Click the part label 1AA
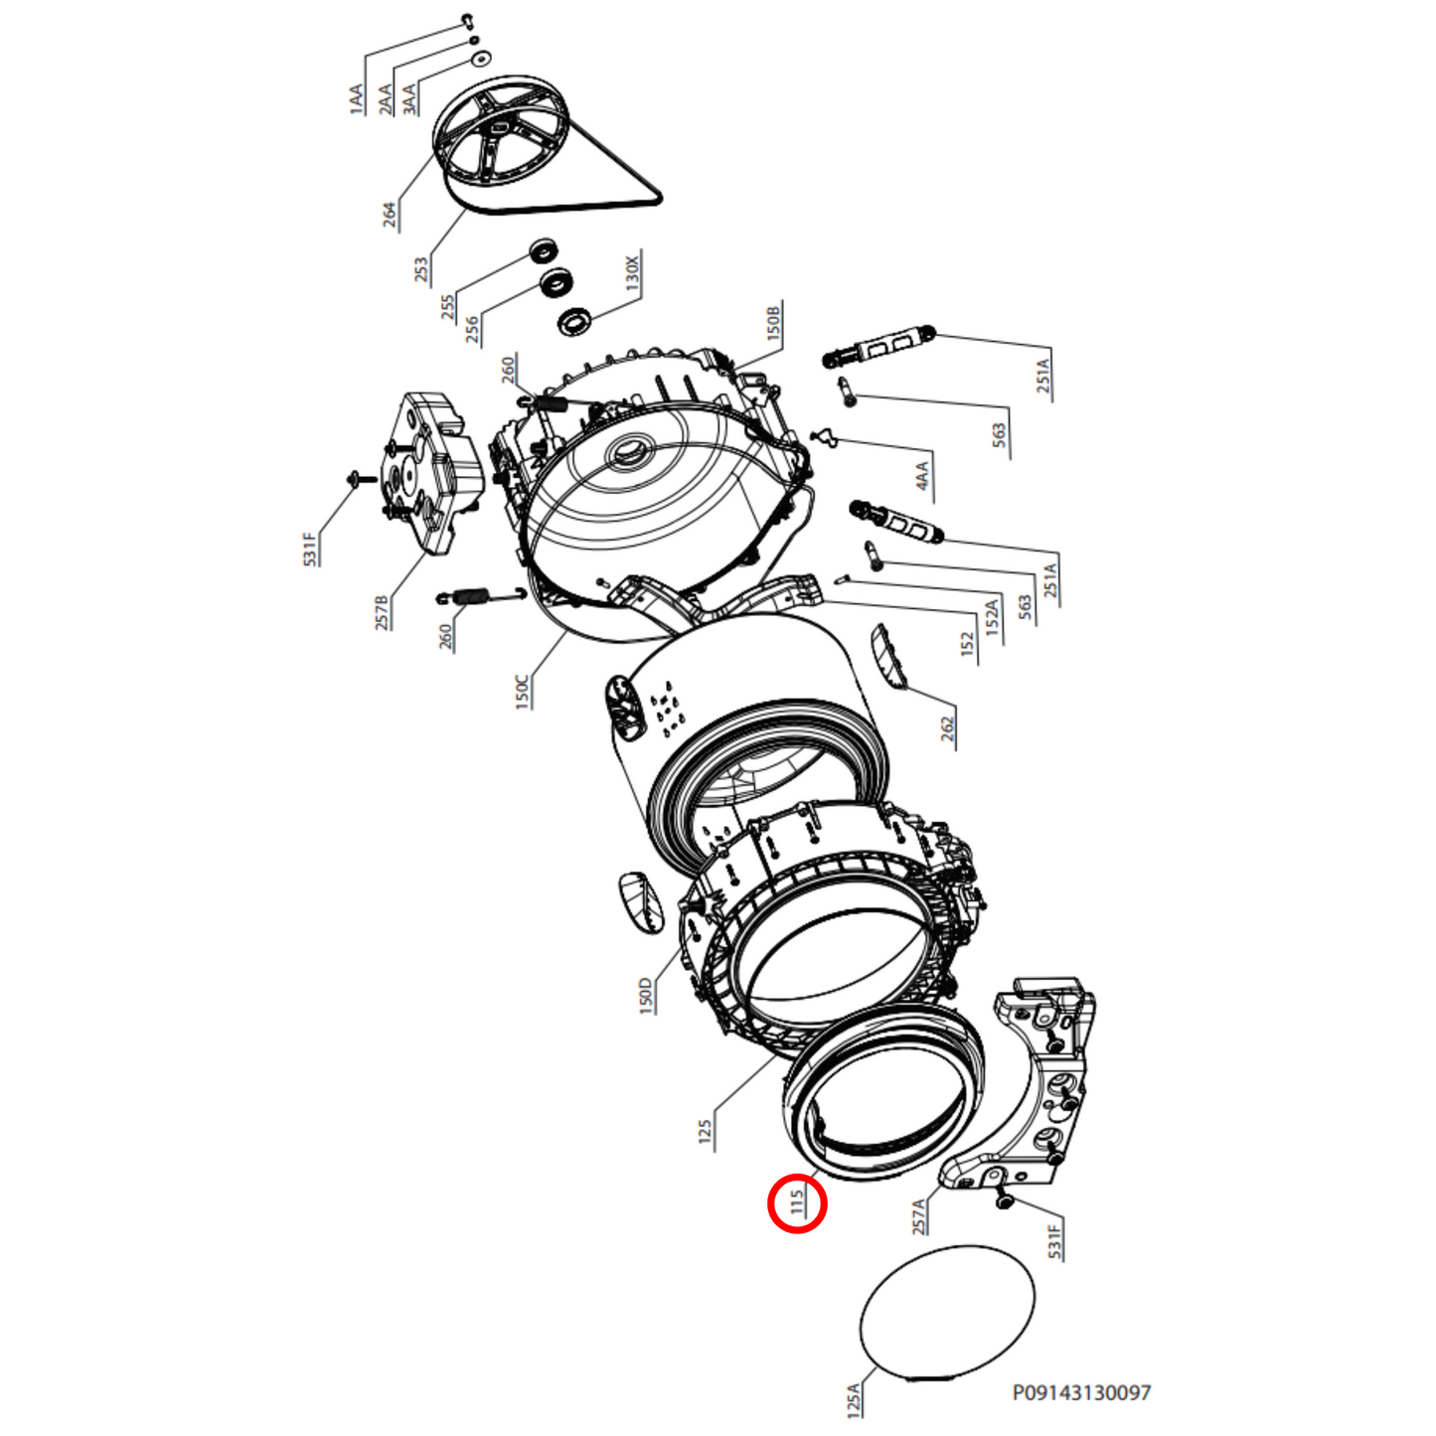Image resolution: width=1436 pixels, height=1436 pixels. click(x=357, y=99)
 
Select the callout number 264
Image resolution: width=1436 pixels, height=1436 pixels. click(x=390, y=214)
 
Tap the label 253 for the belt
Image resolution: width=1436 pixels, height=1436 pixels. click(x=421, y=268)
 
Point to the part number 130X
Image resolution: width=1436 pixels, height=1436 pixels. click(x=632, y=271)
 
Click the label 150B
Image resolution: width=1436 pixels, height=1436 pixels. click(x=774, y=321)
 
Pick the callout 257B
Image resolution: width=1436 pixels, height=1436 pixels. click(x=382, y=612)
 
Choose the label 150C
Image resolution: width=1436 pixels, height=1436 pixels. click(x=522, y=691)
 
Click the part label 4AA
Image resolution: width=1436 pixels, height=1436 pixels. click(x=923, y=475)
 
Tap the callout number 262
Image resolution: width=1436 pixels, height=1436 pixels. click(x=947, y=728)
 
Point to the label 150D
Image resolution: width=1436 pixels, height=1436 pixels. click(x=646, y=995)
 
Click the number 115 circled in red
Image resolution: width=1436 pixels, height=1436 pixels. click(x=797, y=1202)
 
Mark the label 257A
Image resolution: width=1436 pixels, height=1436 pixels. click(x=919, y=1215)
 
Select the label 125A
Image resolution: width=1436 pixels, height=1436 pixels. click(x=854, y=1398)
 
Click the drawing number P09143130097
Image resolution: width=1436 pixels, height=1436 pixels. click(x=1081, y=1392)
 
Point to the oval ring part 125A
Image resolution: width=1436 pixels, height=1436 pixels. click(x=946, y=1312)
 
